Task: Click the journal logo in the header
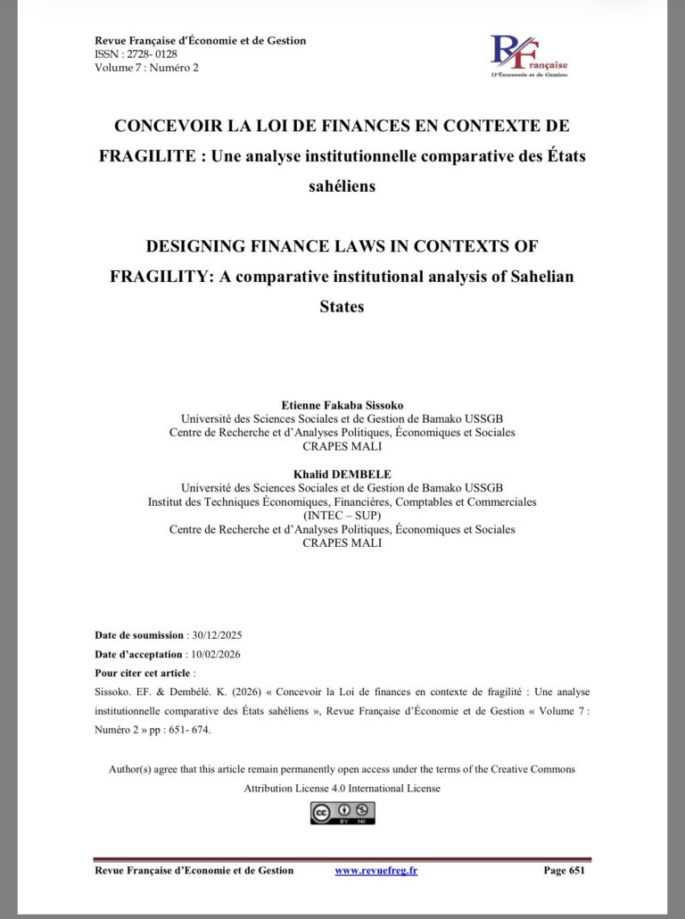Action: click(530, 55)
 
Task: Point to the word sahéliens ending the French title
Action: click(342, 186)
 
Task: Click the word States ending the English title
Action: click(342, 306)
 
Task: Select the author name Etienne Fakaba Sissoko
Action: click(342, 405)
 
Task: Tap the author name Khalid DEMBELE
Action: click(342, 475)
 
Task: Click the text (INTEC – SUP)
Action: click(342, 516)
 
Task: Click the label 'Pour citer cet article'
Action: click(142, 673)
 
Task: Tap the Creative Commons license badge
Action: click(342, 813)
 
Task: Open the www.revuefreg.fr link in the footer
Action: click(376, 870)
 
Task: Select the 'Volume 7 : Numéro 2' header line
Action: click(146, 67)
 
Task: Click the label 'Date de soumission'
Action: click(139, 635)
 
